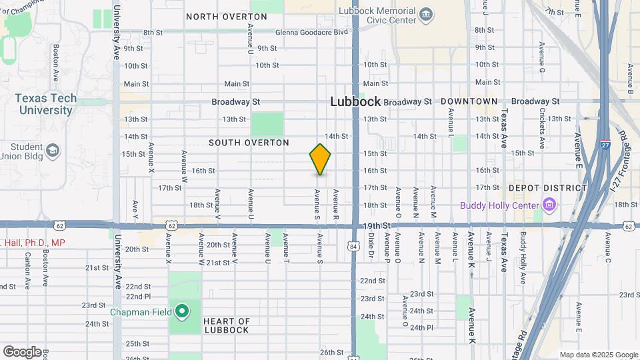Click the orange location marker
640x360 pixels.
(x=320, y=159)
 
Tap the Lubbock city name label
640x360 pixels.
(x=356, y=102)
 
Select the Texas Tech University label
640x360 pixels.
(x=46, y=104)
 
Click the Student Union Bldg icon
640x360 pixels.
(x=52, y=152)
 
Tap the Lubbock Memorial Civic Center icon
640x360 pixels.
(x=425, y=13)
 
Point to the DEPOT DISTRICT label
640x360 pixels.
(x=547, y=188)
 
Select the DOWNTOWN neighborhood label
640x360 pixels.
(x=469, y=101)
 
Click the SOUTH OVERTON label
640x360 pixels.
(x=249, y=143)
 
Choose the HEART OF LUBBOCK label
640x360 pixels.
(x=226, y=325)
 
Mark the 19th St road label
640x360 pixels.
(x=377, y=227)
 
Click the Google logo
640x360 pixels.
(x=22, y=351)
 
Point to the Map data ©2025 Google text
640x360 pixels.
(x=599, y=355)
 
